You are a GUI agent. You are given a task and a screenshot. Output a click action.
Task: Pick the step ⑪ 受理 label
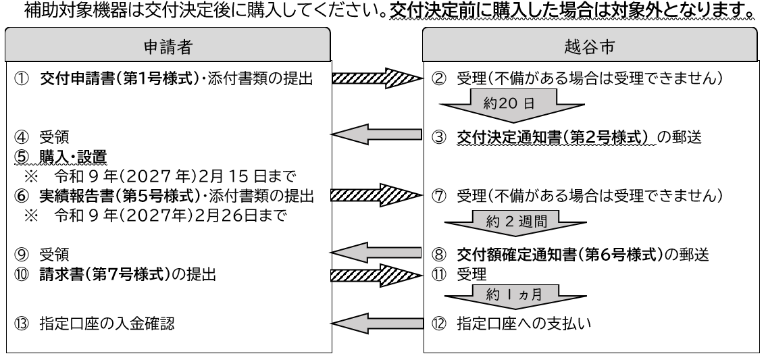473,276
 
